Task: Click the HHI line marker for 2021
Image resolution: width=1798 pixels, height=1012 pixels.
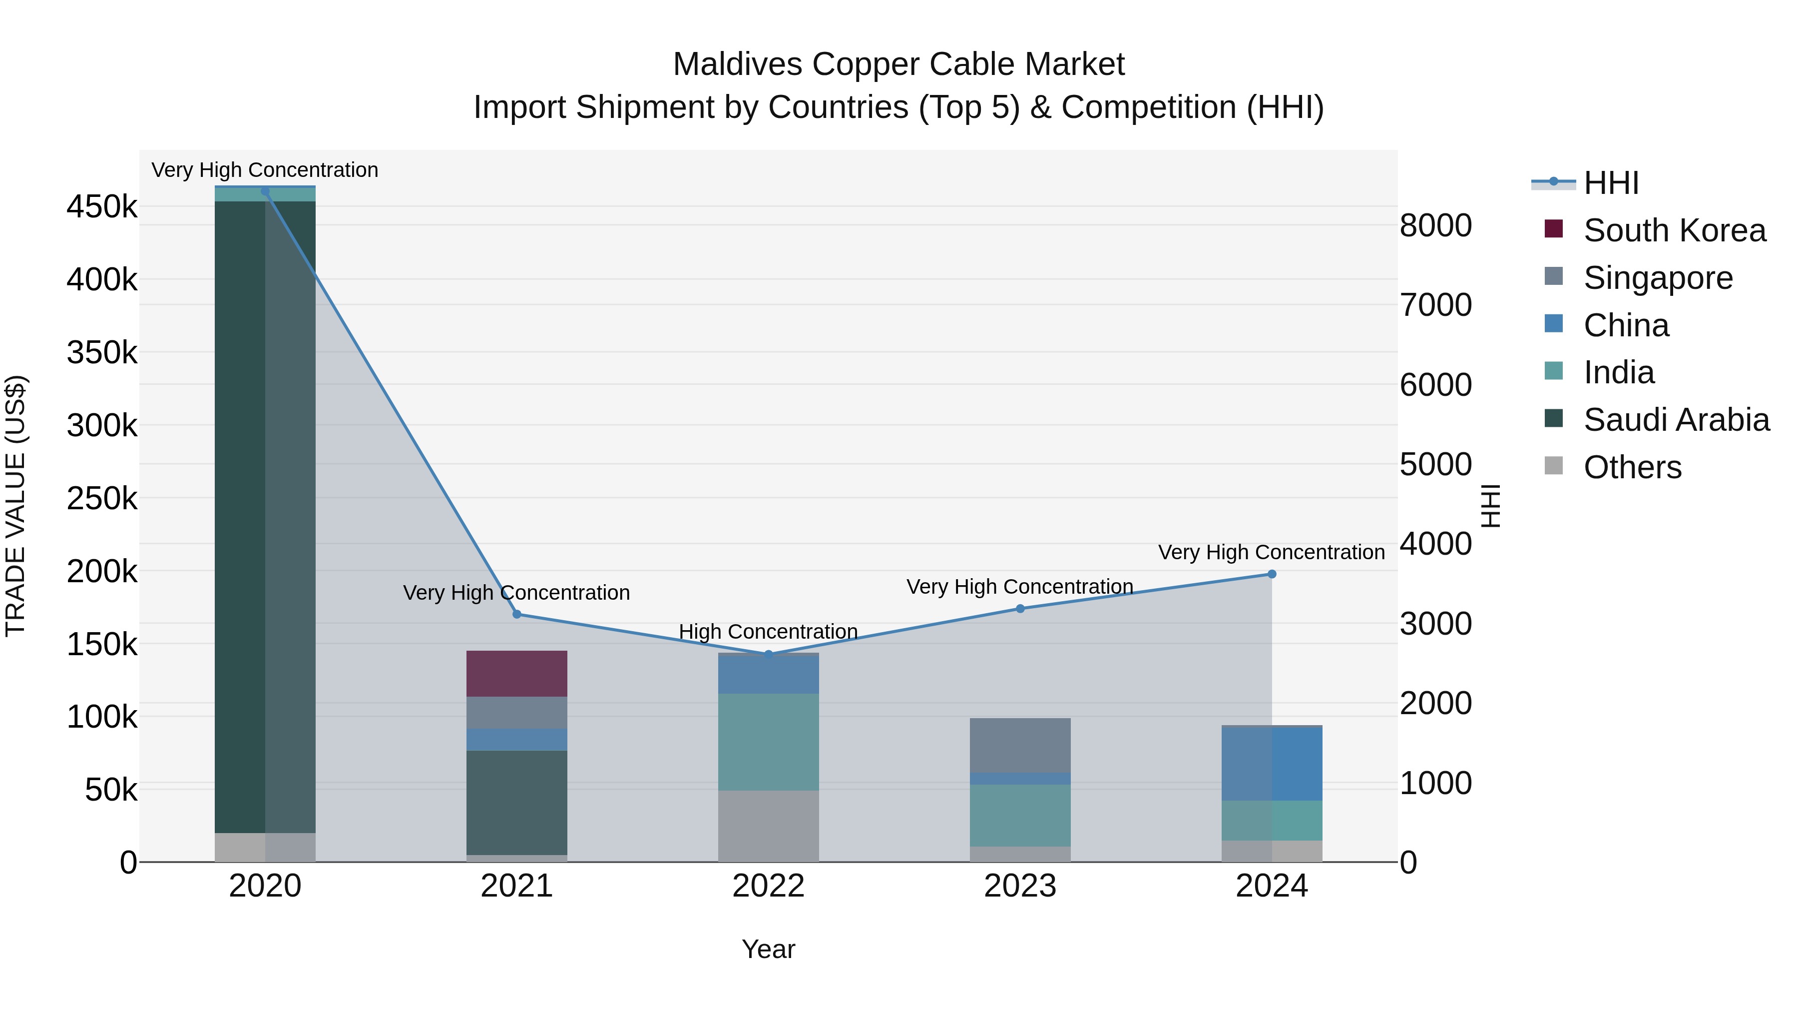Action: (x=516, y=614)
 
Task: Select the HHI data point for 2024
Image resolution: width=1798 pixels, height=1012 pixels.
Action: (x=1272, y=574)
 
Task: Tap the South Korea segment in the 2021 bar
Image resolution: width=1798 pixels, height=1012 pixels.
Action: (x=516, y=673)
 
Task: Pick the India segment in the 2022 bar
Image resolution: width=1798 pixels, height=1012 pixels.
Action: (x=769, y=741)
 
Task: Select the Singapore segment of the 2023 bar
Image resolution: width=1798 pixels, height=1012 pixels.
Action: (x=1020, y=745)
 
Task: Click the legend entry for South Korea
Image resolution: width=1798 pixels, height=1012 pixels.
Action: (x=1674, y=230)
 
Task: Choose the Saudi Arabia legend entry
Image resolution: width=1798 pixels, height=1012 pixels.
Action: (x=1676, y=420)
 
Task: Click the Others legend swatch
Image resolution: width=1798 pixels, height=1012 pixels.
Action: (x=1554, y=466)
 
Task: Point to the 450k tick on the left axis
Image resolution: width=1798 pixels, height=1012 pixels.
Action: (x=102, y=207)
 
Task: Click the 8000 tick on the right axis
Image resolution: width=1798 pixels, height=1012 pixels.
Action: (x=1436, y=225)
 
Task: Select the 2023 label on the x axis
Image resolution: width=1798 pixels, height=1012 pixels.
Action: (x=1020, y=886)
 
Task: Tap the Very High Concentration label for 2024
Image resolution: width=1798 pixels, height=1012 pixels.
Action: (x=1271, y=552)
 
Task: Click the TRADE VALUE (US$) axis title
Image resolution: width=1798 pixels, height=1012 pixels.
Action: (x=15, y=506)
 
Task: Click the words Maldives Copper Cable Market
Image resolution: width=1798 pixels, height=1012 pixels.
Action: (x=899, y=64)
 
